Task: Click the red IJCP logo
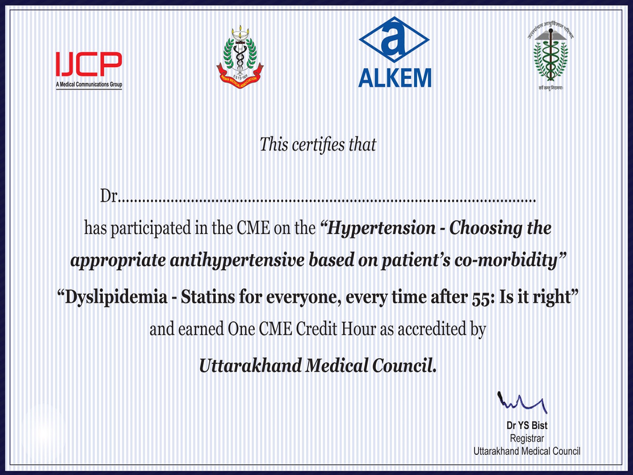[89, 64]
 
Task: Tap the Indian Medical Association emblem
[240, 57]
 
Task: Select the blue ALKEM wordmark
[394, 78]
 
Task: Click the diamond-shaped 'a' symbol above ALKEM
[394, 40]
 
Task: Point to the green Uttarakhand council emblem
[551, 55]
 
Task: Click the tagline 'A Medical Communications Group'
[89, 84]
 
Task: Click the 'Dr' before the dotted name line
[109, 196]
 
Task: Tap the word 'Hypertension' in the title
[381, 228]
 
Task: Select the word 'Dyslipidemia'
[116, 297]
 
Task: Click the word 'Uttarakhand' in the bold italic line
[250, 365]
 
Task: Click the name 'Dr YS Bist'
[527, 426]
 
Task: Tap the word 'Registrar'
[527, 439]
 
